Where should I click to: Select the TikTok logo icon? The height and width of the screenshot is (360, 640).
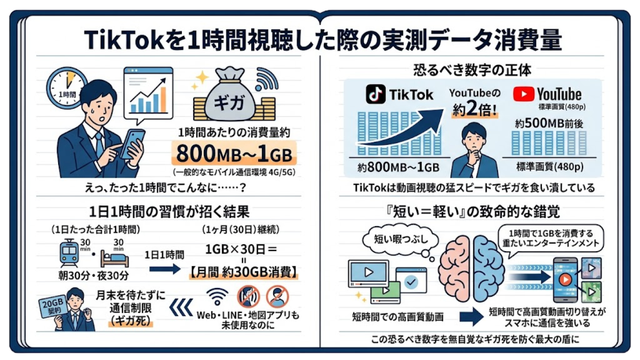click(375, 94)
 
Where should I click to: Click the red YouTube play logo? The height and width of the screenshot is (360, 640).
click(523, 94)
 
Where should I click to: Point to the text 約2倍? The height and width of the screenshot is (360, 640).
click(475, 109)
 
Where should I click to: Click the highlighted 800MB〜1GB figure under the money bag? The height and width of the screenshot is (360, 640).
click(234, 154)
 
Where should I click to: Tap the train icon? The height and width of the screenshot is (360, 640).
click(69, 254)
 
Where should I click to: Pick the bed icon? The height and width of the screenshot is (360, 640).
click(114, 259)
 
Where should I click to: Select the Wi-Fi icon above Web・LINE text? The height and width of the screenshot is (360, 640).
click(218, 297)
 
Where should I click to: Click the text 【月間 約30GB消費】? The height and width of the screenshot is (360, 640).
click(243, 273)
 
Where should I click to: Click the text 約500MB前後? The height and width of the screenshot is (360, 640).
click(549, 123)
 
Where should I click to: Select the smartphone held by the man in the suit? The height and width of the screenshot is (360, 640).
click(132, 145)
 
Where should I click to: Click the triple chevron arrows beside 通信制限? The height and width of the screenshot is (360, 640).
click(181, 308)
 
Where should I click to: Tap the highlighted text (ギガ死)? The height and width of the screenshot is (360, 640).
click(131, 321)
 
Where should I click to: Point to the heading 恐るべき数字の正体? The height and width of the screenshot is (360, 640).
click(472, 70)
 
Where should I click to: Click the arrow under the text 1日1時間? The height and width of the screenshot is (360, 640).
click(165, 269)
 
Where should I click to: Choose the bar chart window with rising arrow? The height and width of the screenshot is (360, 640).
click(149, 93)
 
